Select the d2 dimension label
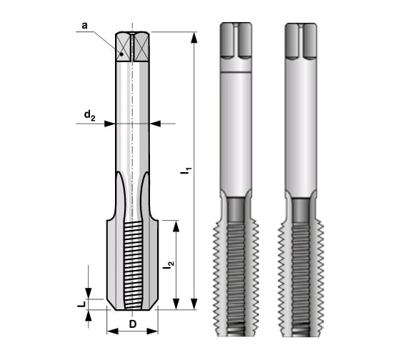[x=89, y=114]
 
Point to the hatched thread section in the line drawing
[x=131, y=264]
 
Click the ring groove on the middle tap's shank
[x=236, y=72]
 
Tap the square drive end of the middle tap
[x=236, y=40]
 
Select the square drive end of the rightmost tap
[x=301, y=40]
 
